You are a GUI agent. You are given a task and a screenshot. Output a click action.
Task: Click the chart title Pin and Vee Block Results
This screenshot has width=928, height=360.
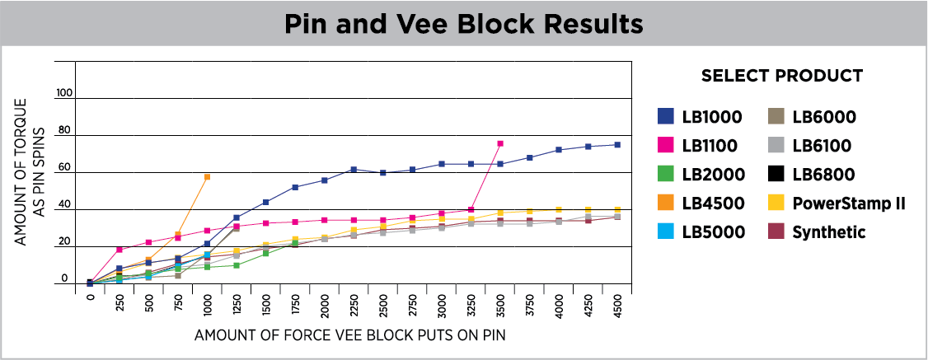click(x=463, y=24)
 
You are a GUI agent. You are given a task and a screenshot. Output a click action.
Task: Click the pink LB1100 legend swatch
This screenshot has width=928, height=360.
click(x=666, y=146)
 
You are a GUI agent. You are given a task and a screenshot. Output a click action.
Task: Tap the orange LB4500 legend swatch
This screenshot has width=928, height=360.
click(x=666, y=203)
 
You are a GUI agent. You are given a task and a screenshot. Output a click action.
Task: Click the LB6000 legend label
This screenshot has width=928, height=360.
click(x=824, y=117)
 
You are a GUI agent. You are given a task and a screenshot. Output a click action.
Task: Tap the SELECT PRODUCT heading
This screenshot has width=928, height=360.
click(x=781, y=76)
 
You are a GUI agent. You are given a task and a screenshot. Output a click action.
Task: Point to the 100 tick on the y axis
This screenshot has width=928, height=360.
click(x=65, y=93)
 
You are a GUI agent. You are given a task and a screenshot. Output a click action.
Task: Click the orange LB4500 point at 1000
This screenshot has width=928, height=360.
click(x=207, y=177)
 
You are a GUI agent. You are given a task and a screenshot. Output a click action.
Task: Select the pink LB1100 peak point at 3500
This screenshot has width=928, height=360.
click(x=499, y=143)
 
